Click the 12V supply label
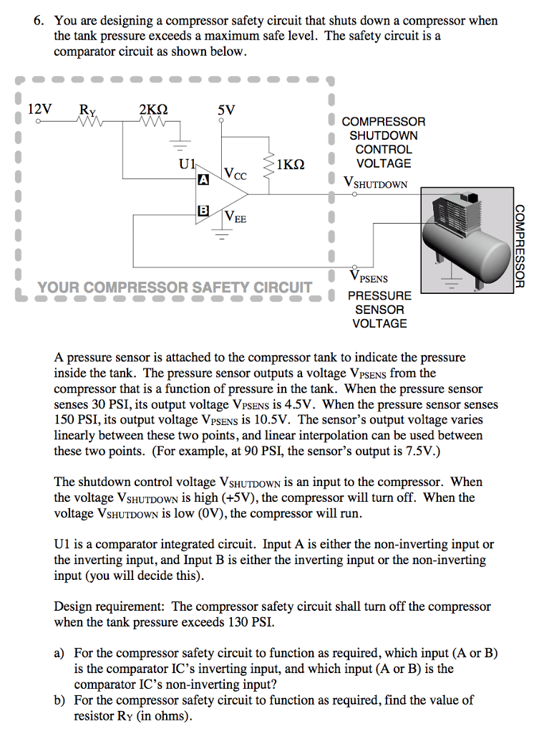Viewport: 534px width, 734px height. [39, 110]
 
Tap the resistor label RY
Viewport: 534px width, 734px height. [88, 110]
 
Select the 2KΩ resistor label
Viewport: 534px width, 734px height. [153, 110]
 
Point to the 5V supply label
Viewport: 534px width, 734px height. [225, 110]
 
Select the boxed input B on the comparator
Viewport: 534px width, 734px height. [203, 210]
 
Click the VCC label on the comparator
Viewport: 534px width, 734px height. [236, 173]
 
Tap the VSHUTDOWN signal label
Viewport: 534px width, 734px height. [376, 183]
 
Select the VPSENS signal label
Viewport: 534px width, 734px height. [369, 277]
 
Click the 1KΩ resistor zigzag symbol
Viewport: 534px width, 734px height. [269, 166]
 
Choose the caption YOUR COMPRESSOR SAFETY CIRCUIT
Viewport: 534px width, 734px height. [175, 288]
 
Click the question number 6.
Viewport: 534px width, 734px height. [39, 21]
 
